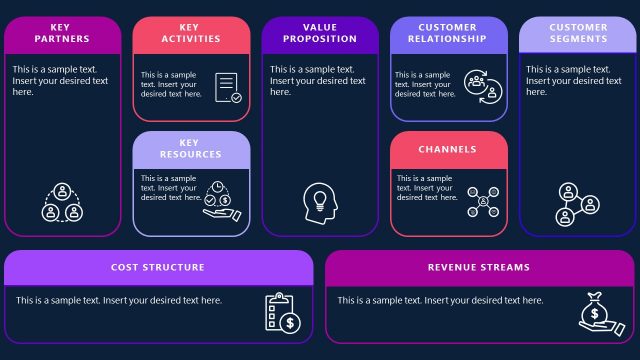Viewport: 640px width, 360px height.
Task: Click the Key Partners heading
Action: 62,33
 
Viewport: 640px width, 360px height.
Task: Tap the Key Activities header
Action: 191,33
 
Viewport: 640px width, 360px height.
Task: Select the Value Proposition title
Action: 320,33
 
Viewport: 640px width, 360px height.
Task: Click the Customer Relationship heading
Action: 448,33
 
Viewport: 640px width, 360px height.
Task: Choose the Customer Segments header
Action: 578,33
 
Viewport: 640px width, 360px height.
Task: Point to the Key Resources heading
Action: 191,149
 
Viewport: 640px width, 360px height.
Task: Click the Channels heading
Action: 448,149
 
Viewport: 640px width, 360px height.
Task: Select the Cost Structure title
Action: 158,267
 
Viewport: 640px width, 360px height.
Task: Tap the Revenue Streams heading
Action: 479,267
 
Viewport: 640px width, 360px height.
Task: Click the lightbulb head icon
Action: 320,202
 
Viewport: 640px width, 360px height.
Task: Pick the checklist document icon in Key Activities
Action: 228,88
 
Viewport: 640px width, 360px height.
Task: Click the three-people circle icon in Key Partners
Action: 62,202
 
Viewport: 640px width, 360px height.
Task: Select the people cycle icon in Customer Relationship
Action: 482,87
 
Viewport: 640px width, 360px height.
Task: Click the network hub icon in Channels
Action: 483,202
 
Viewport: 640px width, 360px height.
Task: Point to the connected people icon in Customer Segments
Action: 577,203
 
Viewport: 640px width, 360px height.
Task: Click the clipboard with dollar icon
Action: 282,312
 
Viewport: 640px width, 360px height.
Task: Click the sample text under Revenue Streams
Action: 440,300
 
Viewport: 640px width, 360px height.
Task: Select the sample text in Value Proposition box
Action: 318,80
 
